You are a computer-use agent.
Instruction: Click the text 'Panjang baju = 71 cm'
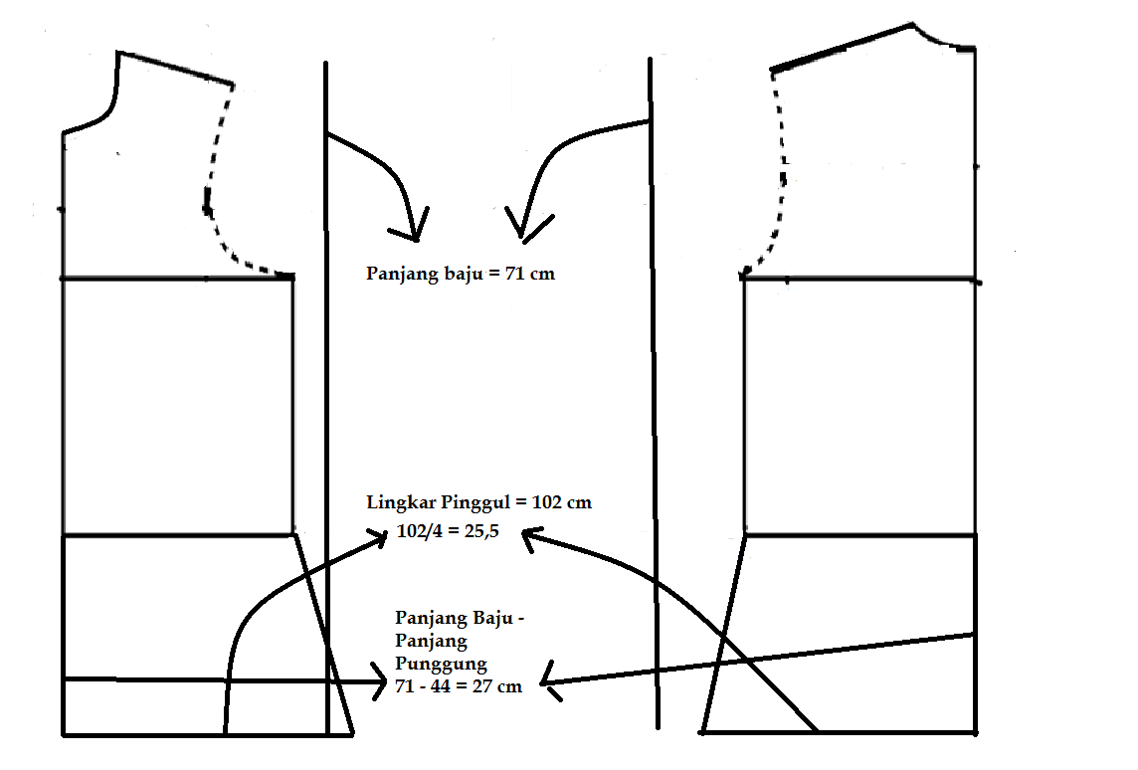coord(461,274)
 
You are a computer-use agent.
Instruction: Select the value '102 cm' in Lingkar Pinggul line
coord(563,502)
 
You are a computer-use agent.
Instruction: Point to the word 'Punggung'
coord(441,664)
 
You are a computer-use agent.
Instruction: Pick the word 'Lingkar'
coord(399,502)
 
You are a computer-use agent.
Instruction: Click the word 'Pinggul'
coord(479,502)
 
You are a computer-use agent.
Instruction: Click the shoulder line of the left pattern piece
coord(175,68)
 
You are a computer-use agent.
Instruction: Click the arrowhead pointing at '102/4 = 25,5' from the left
coord(381,537)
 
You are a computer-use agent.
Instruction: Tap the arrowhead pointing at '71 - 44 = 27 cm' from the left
coord(380,680)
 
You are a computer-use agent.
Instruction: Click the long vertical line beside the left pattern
coord(326,398)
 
